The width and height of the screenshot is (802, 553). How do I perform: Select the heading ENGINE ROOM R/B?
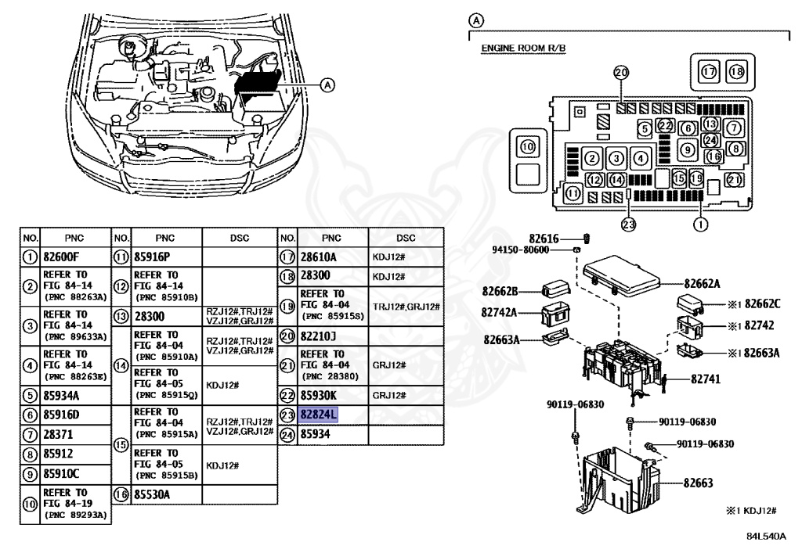click(x=522, y=48)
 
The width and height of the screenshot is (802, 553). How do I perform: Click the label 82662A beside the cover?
click(x=703, y=285)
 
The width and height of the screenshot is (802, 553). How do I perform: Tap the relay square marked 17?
click(x=709, y=71)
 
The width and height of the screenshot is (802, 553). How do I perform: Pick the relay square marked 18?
click(x=736, y=71)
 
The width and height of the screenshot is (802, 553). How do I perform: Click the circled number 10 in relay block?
click(x=527, y=146)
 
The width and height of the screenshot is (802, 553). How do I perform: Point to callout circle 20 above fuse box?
click(x=621, y=72)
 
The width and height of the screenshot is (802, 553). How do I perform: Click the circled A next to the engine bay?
click(x=327, y=84)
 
